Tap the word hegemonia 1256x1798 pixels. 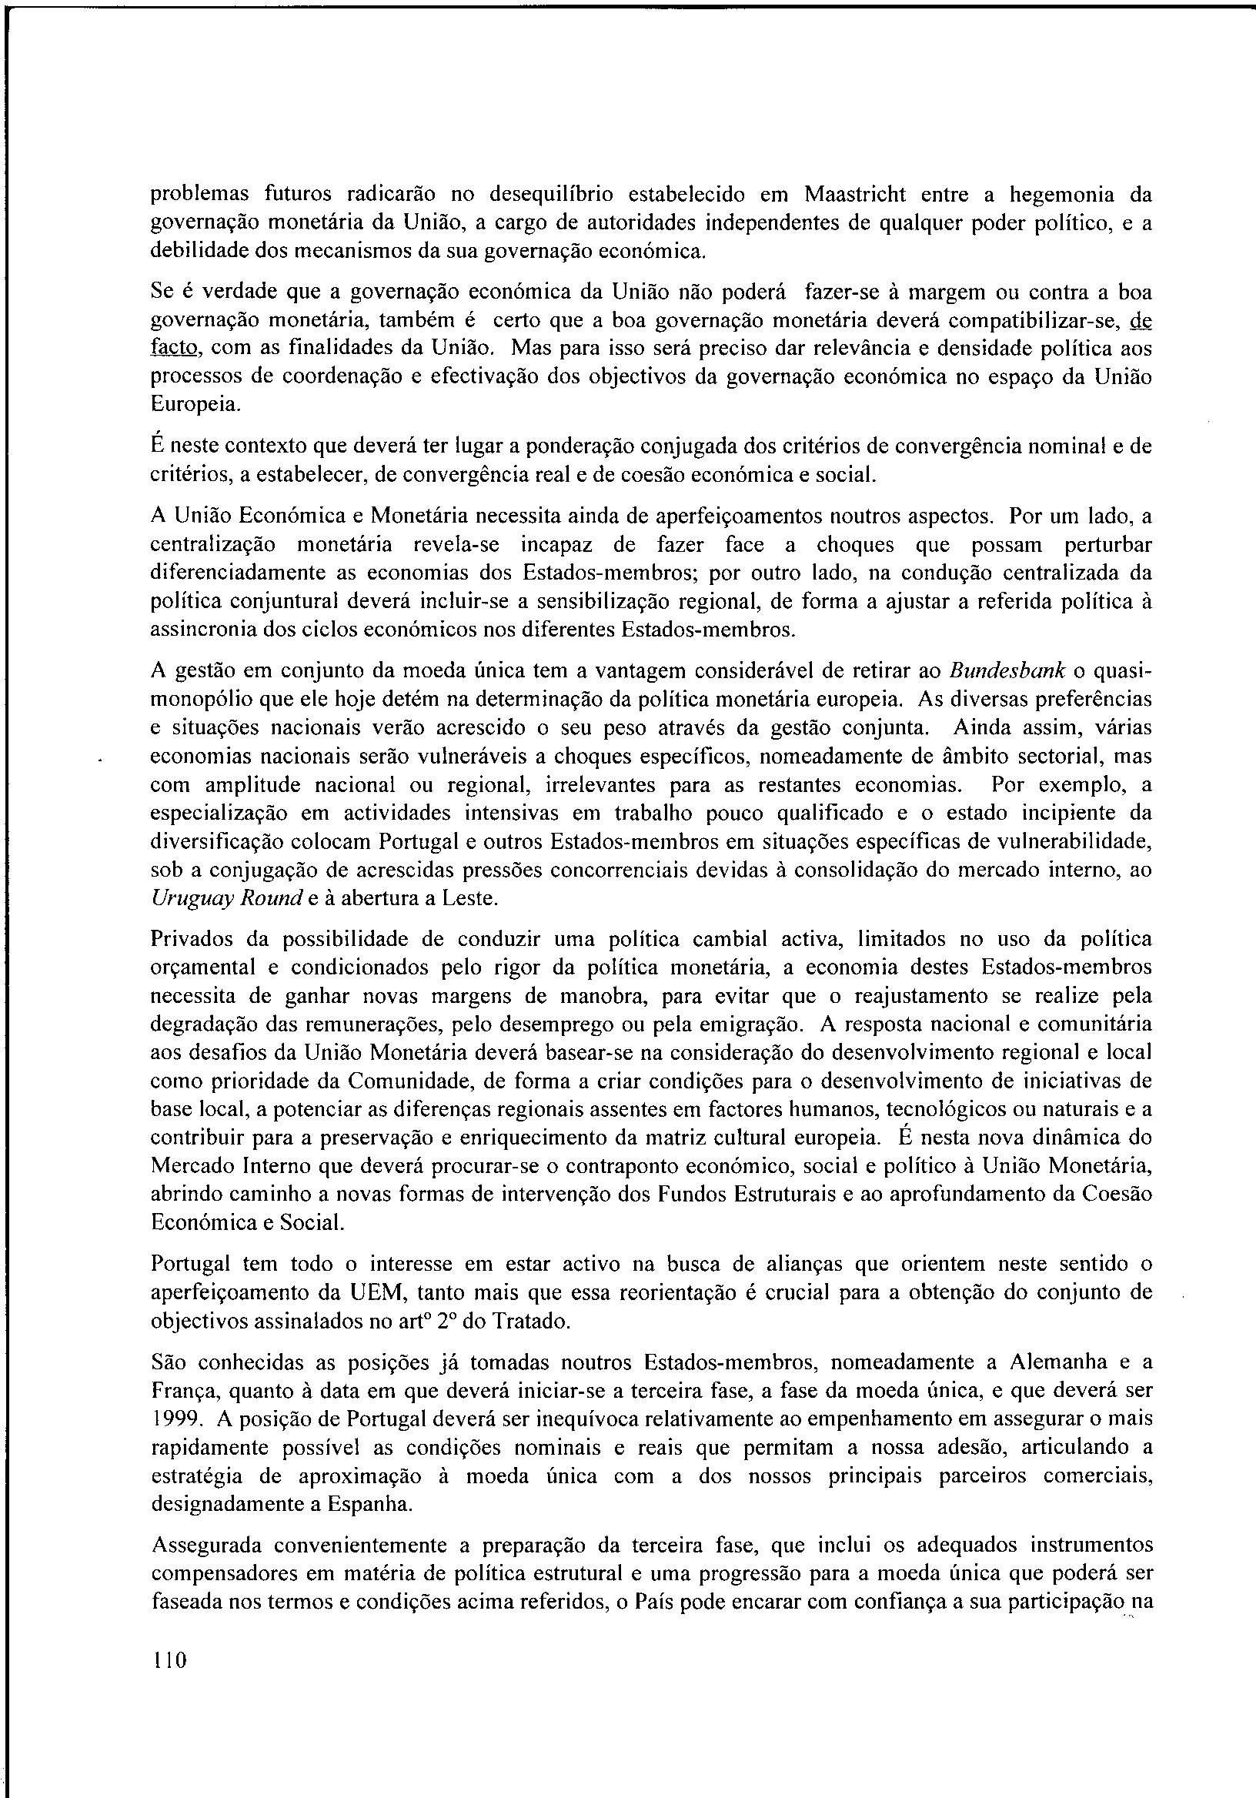pyautogui.click(x=1061, y=193)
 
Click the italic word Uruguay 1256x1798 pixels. pyautogui.click(x=181, y=897)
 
